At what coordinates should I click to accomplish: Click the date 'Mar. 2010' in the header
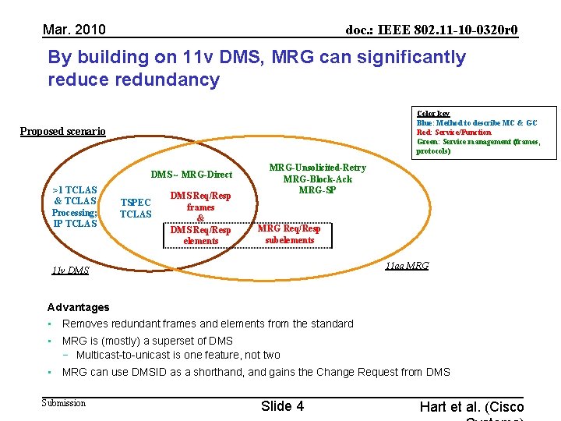pyautogui.click(x=74, y=30)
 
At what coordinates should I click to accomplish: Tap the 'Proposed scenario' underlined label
pyautogui.click(x=62, y=131)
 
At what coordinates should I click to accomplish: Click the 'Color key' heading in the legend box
pyautogui.click(x=433, y=114)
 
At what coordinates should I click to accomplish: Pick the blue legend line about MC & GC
pyautogui.click(x=477, y=123)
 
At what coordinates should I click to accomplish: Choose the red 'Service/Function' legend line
pyautogui.click(x=454, y=133)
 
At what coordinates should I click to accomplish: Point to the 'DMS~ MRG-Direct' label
pyautogui.click(x=191, y=175)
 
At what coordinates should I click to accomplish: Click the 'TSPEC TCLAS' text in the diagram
pyautogui.click(x=136, y=208)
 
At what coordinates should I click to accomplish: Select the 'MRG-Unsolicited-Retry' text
pyautogui.click(x=317, y=168)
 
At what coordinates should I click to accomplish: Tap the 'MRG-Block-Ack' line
pyautogui.click(x=317, y=179)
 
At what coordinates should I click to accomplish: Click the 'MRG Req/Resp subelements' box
pyautogui.click(x=289, y=234)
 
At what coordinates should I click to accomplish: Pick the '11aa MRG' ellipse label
pyautogui.click(x=407, y=266)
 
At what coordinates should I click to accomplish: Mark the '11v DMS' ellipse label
pyautogui.click(x=70, y=271)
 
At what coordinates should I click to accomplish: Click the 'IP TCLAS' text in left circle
pyautogui.click(x=75, y=224)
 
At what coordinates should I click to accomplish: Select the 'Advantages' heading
pyautogui.click(x=78, y=307)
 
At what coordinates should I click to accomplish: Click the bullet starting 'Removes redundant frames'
pyautogui.click(x=207, y=324)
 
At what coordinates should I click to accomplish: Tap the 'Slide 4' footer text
pyautogui.click(x=282, y=405)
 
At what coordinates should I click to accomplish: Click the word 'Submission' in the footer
pyautogui.click(x=63, y=402)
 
